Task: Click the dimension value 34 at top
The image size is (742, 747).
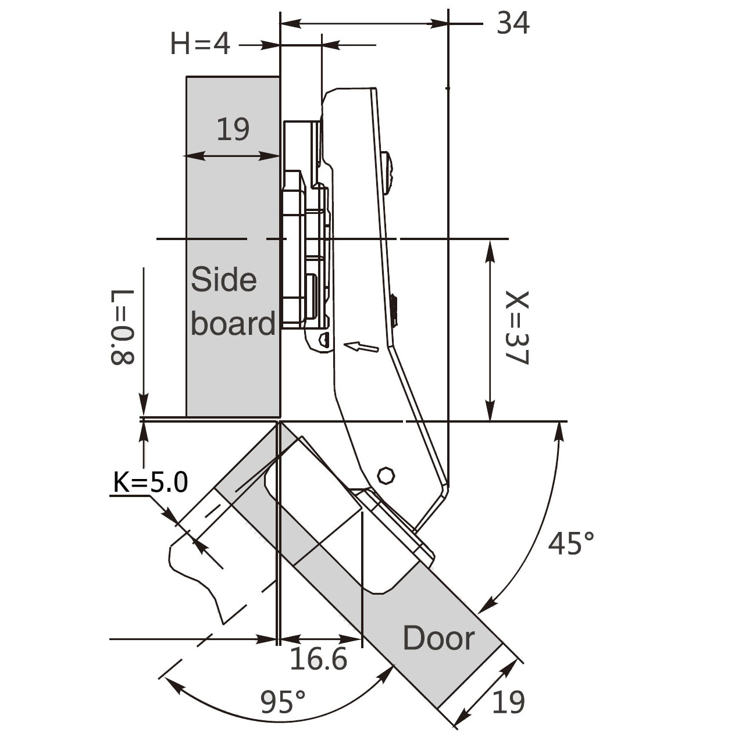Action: point(513,23)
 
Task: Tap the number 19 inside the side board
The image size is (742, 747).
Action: point(233,130)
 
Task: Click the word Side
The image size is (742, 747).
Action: point(224,280)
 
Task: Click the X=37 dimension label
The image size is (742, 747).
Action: point(517,328)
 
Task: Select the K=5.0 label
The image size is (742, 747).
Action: point(151,482)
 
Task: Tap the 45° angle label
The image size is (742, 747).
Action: point(571,543)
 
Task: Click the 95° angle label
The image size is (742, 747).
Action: point(283,702)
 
